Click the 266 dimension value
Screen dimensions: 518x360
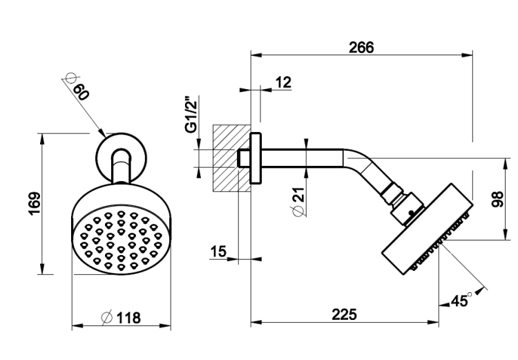point(361,47)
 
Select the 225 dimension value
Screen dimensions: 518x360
point(344,314)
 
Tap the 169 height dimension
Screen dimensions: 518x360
point(35,203)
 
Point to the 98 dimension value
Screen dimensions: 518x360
point(497,199)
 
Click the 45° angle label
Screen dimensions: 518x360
point(461,300)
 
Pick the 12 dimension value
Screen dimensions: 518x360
point(283,82)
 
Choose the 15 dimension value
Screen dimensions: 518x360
point(218,252)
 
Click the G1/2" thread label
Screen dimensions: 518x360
point(191,115)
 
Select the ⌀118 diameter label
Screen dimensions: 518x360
point(121,318)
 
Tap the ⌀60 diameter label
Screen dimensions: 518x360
point(77,86)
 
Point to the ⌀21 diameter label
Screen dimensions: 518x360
point(298,202)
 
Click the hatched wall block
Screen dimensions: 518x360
point(231,158)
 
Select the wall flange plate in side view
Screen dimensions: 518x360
point(256,158)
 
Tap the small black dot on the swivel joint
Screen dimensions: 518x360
point(411,213)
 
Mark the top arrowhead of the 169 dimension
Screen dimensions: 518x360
point(41,139)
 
